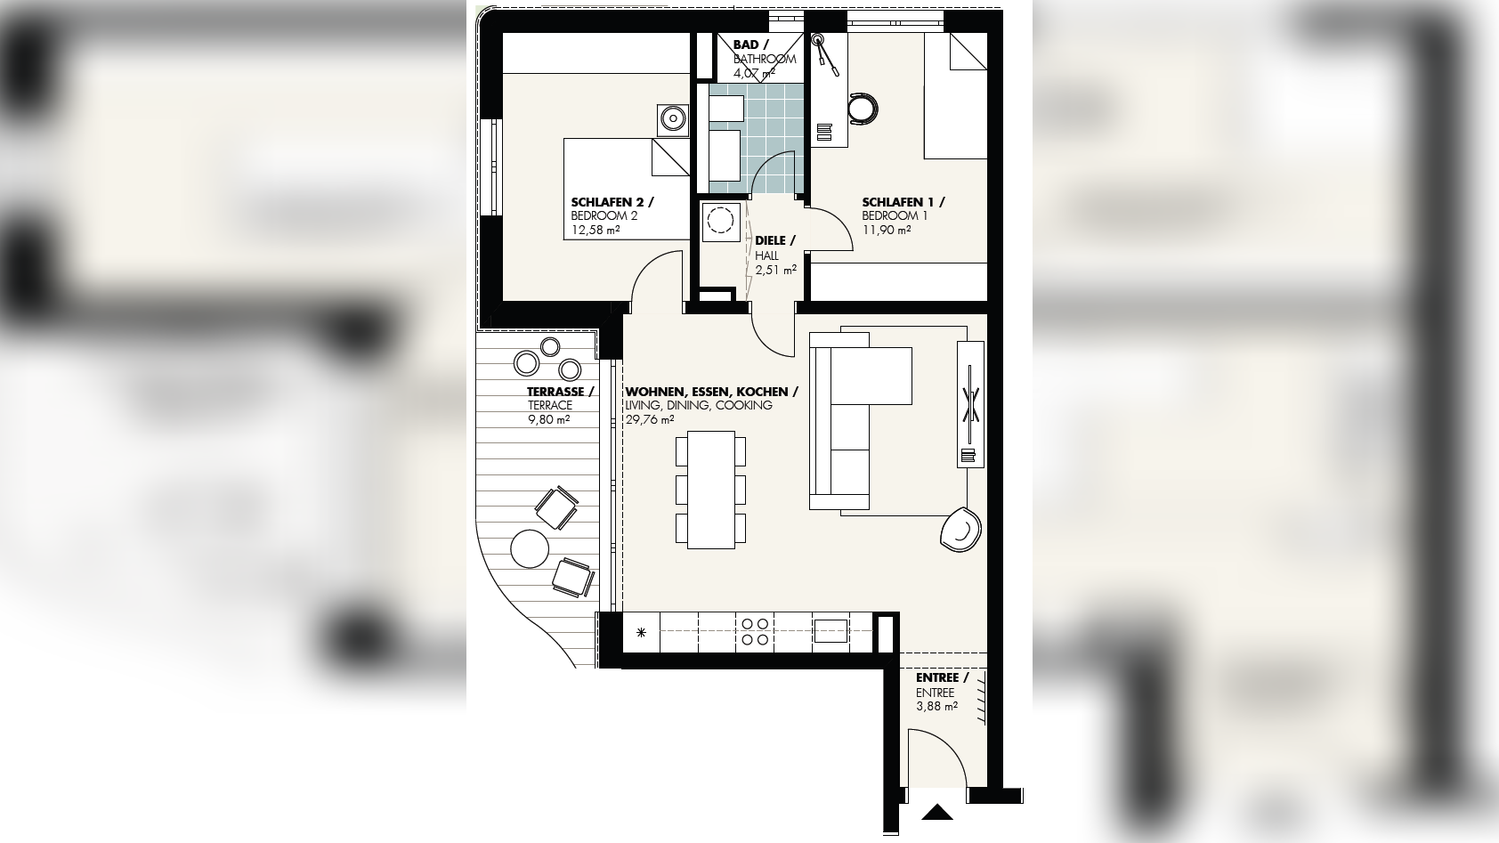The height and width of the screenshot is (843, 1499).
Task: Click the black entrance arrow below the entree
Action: pos(936,812)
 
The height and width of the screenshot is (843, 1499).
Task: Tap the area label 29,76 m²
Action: pos(650,420)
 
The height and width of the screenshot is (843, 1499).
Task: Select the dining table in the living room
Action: pos(710,490)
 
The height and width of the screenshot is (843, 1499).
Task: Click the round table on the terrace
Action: pos(530,548)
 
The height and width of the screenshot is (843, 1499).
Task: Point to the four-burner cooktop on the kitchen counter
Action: pos(755,632)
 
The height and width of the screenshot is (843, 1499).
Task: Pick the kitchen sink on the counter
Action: pos(831,631)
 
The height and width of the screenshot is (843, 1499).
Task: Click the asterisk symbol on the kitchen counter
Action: pos(641,632)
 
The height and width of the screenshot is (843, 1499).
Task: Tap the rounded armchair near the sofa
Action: pos(960,530)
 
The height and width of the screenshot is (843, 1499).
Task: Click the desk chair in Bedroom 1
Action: pos(863,109)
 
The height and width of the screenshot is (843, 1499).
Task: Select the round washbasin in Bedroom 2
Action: pos(672,120)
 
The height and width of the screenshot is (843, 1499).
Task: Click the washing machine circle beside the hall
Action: pos(720,221)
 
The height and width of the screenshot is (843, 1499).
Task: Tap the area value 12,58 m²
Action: pos(595,231)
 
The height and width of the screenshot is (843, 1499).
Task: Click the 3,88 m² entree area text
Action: pos(936,707)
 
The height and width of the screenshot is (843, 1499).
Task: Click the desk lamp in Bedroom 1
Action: pos(824,55)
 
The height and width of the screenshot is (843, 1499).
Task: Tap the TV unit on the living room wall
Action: pos(970,404)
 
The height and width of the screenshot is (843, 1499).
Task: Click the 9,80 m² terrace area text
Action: pos(548,420)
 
